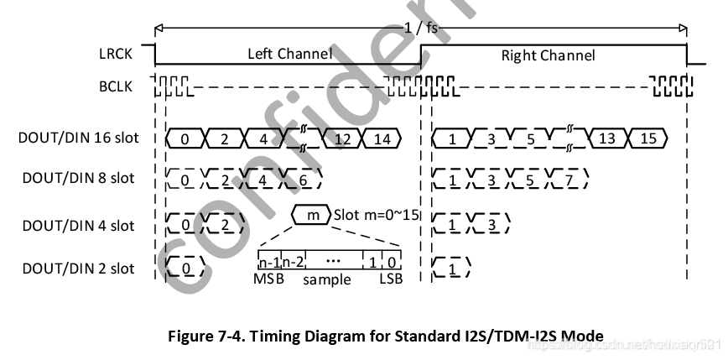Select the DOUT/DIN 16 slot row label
point(79,138)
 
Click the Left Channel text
point(289,55)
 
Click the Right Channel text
point(548,55)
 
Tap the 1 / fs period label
point(420,27)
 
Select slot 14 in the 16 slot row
point(382,139)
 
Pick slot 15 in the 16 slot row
point(647,139)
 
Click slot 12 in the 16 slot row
point(342,139)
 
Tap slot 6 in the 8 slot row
point(303,180)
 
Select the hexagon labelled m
point(312,216)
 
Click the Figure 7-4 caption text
point(386,336)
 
